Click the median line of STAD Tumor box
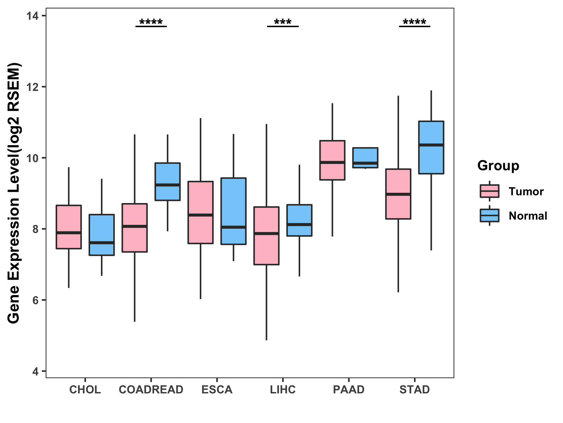click(398, 194)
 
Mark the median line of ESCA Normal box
click(233, 227)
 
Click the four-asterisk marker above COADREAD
click(151, 23)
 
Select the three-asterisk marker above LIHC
click(283, 23)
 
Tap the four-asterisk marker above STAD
click(415, 23)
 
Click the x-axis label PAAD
click(349, 390)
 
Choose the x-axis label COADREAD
click(151, 390)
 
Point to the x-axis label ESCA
click(217, 390)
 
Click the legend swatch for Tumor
click(489, 191)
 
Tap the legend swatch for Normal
click(489, 215)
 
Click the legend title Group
click(498, 165)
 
